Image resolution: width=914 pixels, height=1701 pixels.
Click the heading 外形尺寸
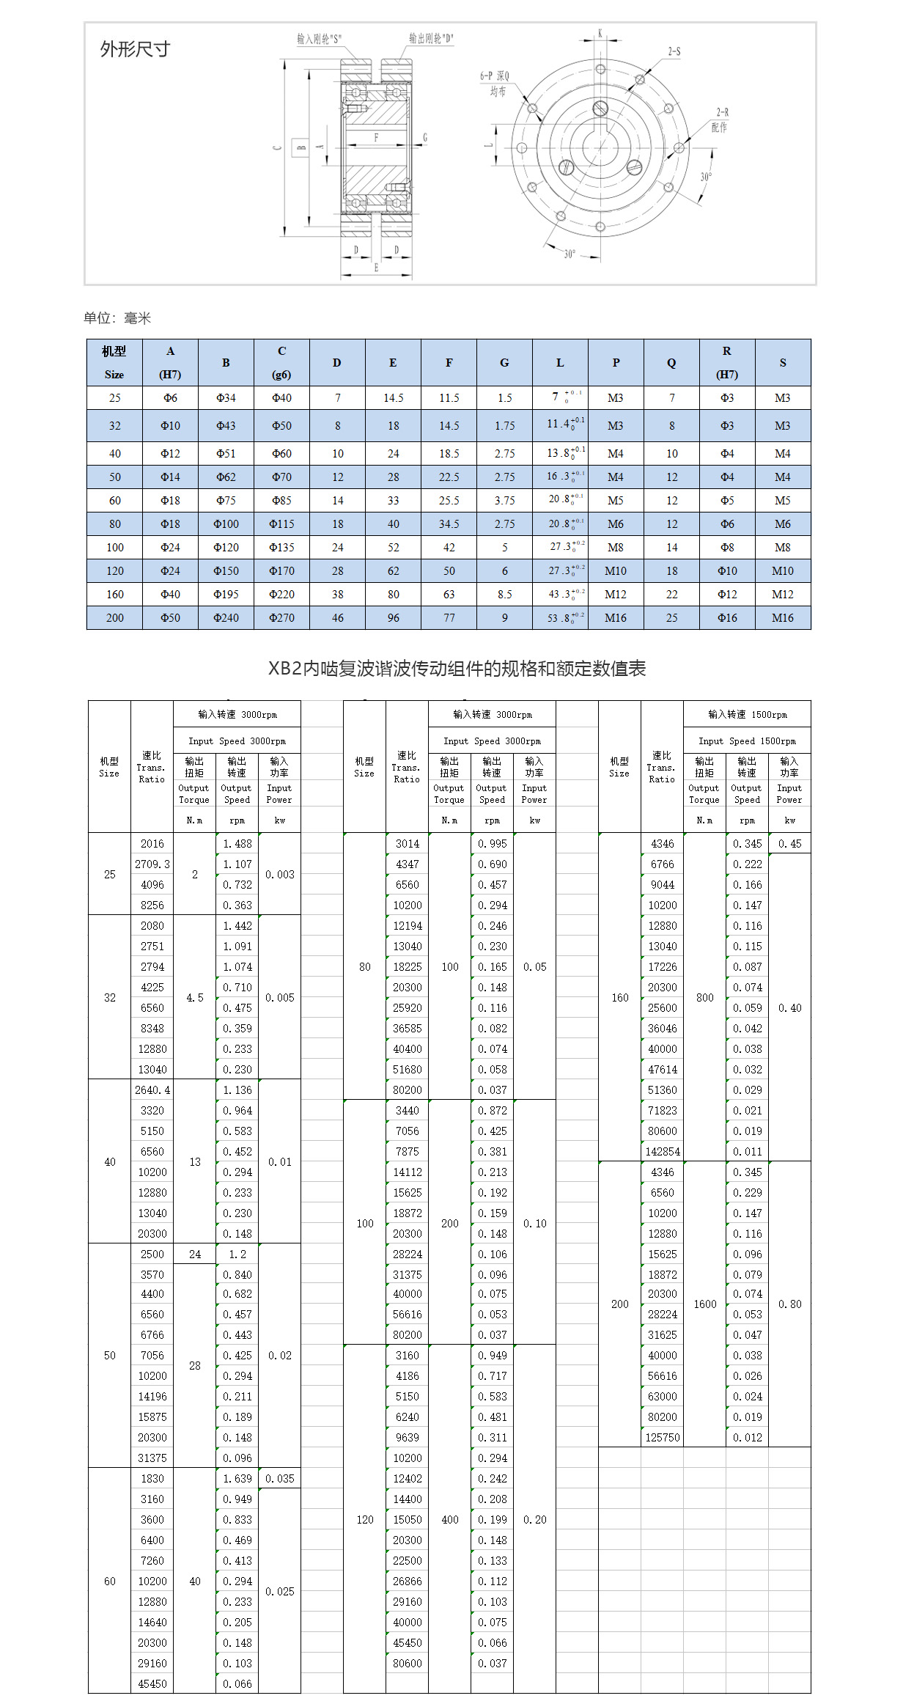click(135, 49)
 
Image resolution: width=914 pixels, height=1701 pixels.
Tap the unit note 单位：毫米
click(117, 317)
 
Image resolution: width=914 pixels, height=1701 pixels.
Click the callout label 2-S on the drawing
click(674, 51)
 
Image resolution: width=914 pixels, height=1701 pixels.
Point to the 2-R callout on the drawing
click(722, 112)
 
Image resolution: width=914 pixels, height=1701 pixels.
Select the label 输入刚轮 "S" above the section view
click(319, 39)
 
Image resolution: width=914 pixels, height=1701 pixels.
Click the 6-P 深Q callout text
click(495, 76)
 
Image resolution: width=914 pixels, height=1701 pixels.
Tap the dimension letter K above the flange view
click(600, 33)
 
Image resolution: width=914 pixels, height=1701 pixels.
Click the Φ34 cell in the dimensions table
click(226, 397)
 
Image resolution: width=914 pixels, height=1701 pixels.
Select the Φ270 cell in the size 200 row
click(281, 617)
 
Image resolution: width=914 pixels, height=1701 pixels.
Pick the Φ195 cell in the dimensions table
click(226, 594)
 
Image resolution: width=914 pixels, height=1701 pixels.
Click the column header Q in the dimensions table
click(671, 362)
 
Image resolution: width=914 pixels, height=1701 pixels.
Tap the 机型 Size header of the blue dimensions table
click(114, 362)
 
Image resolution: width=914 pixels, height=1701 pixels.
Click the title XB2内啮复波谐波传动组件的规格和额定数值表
click(457, 668)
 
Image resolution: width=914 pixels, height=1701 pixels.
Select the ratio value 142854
click(663, 1151)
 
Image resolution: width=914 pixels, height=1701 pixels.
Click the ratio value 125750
click(663, 1437)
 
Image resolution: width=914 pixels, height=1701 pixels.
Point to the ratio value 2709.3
click(152, 864)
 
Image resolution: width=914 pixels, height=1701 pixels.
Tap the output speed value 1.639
click(237, 1478)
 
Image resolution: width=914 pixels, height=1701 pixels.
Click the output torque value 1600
click(705, 1304)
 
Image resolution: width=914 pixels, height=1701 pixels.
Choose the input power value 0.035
click(280, 1478)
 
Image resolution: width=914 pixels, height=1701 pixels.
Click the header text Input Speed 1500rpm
click(747, 741)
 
